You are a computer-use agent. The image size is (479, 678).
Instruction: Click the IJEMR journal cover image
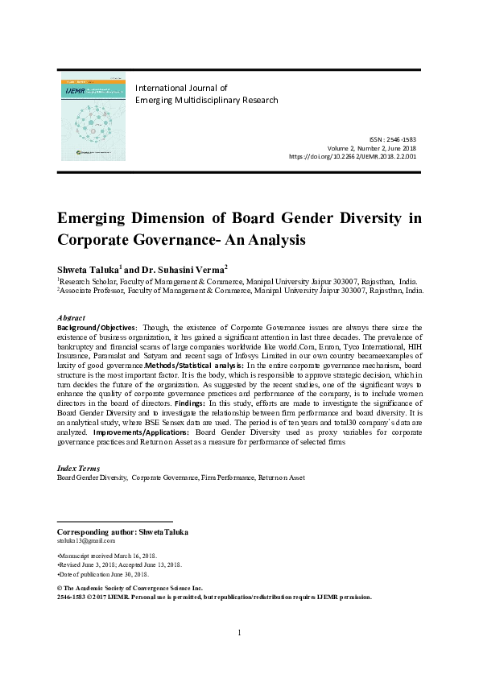(x=93, y=118)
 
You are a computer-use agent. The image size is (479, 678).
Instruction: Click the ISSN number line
(x=393, y=140)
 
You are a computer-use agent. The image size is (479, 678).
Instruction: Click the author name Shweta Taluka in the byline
(x=88, y=268)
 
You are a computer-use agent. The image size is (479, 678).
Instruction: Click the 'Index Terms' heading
(x=78, y=468)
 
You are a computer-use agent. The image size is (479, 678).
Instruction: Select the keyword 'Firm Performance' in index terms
(x=227, y=477)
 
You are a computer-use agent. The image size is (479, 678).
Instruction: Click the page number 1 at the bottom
(x=240, y=632)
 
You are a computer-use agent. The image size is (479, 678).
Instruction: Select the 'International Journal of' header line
(x=181, y=88)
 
